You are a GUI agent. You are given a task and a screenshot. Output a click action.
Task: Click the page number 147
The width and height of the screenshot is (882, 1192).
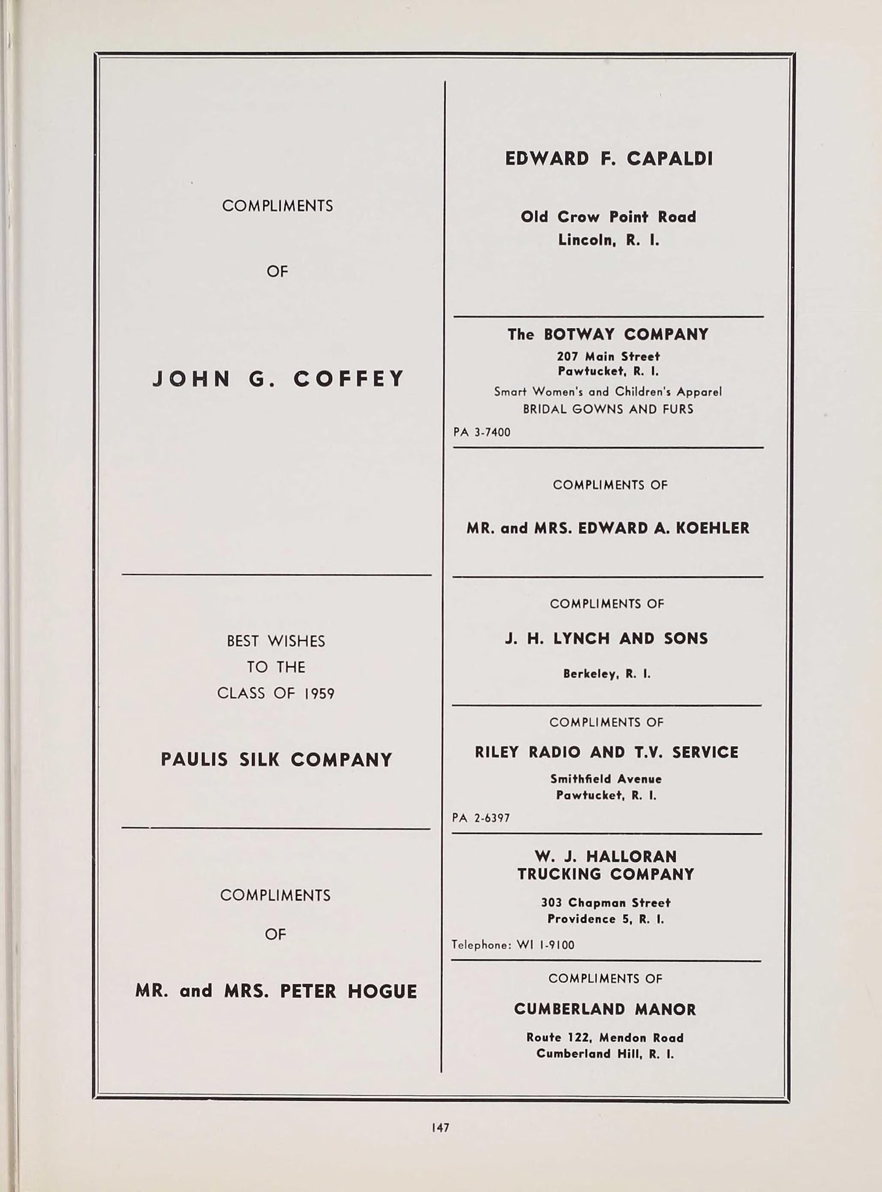(441, 1127)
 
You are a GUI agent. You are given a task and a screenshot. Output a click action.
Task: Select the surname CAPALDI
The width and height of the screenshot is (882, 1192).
(669, 159)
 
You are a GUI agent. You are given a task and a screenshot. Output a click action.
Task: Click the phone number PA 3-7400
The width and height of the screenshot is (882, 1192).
(482, 432)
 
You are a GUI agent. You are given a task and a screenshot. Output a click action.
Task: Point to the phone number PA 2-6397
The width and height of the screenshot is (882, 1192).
(480, 818)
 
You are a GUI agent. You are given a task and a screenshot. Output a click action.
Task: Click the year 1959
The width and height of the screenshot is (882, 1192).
(319, 693)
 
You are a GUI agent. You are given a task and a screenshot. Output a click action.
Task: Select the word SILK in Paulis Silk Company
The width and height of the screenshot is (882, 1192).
(259, 760)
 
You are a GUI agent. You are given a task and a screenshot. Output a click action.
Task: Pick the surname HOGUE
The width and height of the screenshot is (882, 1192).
(382, 991)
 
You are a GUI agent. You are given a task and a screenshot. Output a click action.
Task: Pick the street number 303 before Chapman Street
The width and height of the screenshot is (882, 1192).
(552, 903)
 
